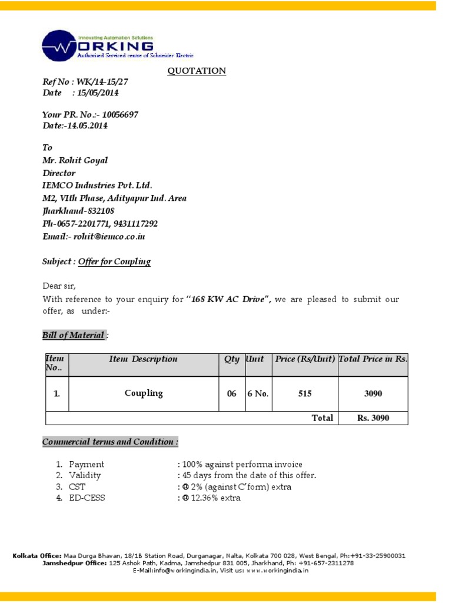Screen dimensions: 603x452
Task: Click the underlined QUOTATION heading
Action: (x=197, y=71)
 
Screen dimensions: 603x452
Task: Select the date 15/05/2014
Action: (x=98, y=93)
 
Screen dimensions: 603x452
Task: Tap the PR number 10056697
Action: (x=120, y=115)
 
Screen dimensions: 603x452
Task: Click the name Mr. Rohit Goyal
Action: (x=75, y=160)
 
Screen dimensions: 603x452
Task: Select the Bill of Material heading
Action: (x=74, y=335)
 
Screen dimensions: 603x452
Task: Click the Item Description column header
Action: (x=143, y=359)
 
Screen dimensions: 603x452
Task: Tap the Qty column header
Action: (x=231, y=359)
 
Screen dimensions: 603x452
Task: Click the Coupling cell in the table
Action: (x=144, y=393)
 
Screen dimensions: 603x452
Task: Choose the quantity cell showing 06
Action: (x=232, y=394)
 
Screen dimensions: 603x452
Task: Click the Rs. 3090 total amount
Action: (x=373, y=418)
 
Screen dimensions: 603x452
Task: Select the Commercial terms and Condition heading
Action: (x=110, y=442)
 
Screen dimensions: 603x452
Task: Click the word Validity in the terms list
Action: (x=85, y=475)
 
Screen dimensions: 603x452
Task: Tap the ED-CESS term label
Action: (x=87, y=498)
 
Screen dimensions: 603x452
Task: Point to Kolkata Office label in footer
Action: (x=36, y=555)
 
